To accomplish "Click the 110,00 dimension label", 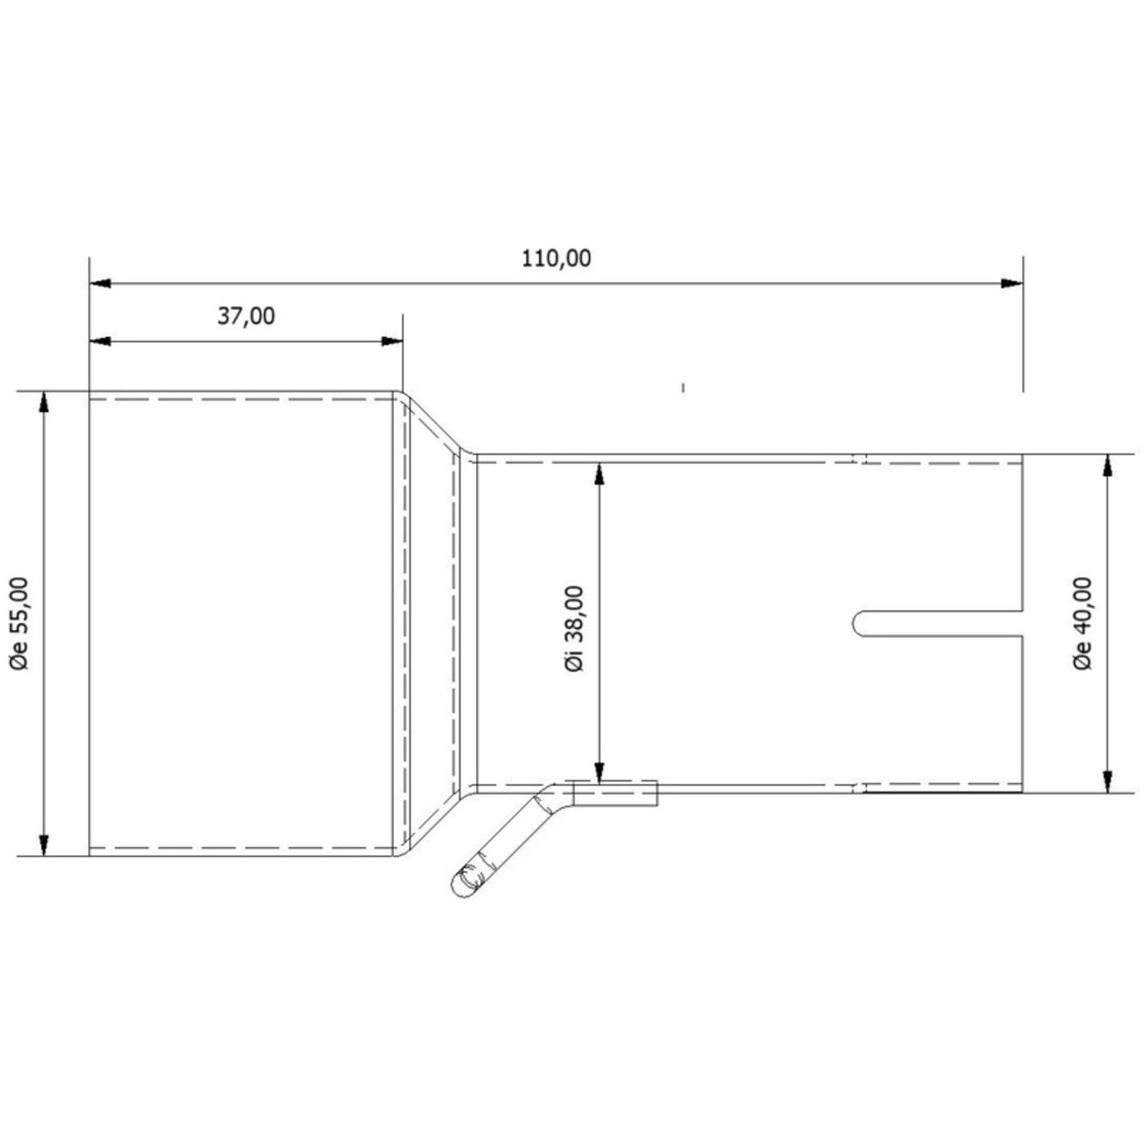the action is (x=556, y=259).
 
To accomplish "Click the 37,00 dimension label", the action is (x=246, y=315).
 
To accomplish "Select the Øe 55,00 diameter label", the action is (x=21, y=624).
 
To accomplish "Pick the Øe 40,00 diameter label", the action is (x=1083, y=624).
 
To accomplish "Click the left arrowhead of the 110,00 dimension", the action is (x=100, y=283).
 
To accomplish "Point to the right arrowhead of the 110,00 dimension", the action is (x=1013, y=283).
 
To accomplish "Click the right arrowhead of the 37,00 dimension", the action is (x=392, y=341).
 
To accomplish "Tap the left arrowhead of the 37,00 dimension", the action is (x=100, y=341).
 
